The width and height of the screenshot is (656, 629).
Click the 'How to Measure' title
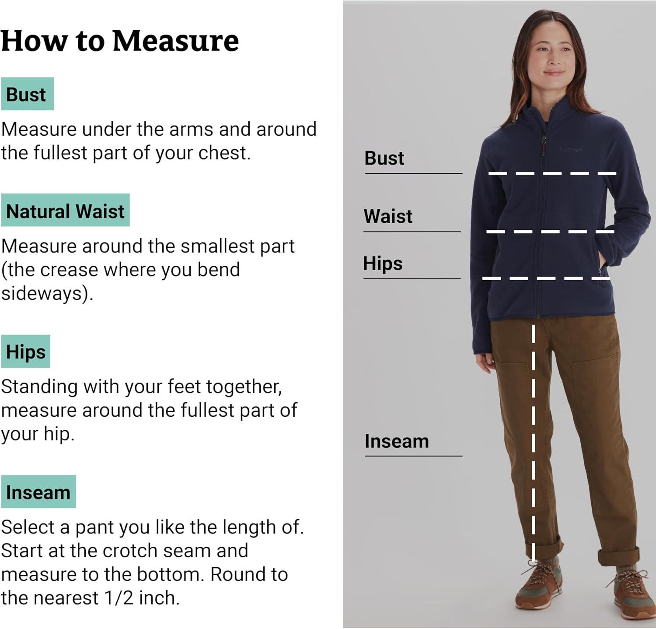pos(120,41)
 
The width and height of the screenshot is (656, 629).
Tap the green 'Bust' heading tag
pos(27,94)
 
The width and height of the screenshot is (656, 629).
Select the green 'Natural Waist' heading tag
pos(65,210)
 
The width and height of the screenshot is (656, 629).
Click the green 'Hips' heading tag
pos(25,351)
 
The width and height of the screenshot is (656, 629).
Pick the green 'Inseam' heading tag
pos(38,492)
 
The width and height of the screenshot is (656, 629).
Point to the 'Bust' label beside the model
pos(384,158)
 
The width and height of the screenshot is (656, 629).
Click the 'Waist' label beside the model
pos(388,216)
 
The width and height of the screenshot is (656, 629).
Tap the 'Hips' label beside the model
pos(383,264)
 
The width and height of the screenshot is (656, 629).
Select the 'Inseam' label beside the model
pos(397,441)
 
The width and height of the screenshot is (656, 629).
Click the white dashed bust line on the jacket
pos(552,174)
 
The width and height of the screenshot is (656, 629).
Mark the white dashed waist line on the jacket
pos(550,232)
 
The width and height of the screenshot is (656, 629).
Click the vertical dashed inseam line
pos(533,442)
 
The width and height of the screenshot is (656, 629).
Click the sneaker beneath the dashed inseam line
pos(539,584)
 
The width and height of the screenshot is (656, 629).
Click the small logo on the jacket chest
pos(571,150)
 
